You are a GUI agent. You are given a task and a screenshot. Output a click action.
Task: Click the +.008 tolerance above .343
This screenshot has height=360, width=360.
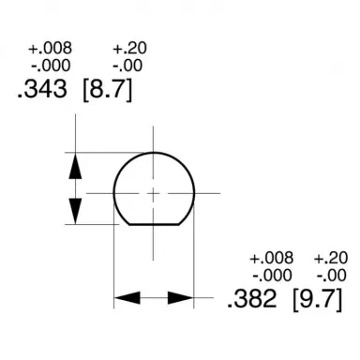50,49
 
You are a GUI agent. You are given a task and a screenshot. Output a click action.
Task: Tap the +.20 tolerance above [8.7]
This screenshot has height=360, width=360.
128,49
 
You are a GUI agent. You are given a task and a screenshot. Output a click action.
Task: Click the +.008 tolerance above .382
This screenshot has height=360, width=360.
272,258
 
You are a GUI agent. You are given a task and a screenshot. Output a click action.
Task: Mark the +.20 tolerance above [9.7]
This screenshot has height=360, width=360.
330,258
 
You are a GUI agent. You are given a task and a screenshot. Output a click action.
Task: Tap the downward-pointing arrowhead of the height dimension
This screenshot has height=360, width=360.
76,211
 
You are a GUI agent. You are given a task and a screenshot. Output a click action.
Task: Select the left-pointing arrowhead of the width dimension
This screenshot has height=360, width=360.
127,298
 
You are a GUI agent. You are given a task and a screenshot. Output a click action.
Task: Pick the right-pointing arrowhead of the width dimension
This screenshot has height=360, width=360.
182,298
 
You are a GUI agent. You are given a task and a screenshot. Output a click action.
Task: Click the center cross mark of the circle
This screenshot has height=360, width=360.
154,193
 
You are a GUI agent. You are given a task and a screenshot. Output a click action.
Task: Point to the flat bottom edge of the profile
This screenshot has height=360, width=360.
154,226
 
